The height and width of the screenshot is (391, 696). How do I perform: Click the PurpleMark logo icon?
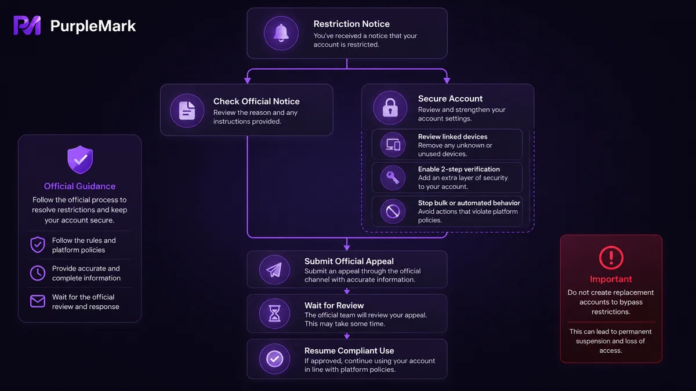coord(27,25)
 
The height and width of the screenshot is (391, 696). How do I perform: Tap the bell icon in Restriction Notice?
coord(281,33)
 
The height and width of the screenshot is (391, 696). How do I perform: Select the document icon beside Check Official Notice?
coord(187,111)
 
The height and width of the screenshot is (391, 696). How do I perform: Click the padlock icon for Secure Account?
coord(390,108)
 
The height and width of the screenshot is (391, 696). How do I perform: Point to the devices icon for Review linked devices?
coord(393,145)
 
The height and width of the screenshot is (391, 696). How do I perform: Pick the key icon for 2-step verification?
coord(393,178)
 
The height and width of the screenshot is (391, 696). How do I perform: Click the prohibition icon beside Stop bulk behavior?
coord(393,211)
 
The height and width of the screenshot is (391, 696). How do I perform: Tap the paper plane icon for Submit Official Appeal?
coord(274,270)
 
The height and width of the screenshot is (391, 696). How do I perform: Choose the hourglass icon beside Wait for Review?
coord(274,313)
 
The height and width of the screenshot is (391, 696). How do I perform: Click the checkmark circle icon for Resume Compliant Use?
coord(275,359)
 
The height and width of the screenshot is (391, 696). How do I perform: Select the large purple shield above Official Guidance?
coord(80,159)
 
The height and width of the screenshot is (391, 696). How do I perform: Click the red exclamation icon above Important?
coord(611,258)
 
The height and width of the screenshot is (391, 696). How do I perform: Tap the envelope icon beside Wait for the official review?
coord(38,301)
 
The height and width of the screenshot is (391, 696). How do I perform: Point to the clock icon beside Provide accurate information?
coord(38,273)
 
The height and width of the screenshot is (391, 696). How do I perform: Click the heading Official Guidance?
coord(79,186)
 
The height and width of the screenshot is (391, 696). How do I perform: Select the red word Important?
coord(611,279)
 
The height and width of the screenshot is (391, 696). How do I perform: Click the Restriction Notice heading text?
coord(351,24)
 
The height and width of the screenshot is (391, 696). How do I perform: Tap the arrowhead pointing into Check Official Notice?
coord(247,81)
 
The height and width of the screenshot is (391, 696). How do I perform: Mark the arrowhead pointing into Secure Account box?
coord(447,81)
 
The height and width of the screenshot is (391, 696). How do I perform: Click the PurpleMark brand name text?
coord(93,25)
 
